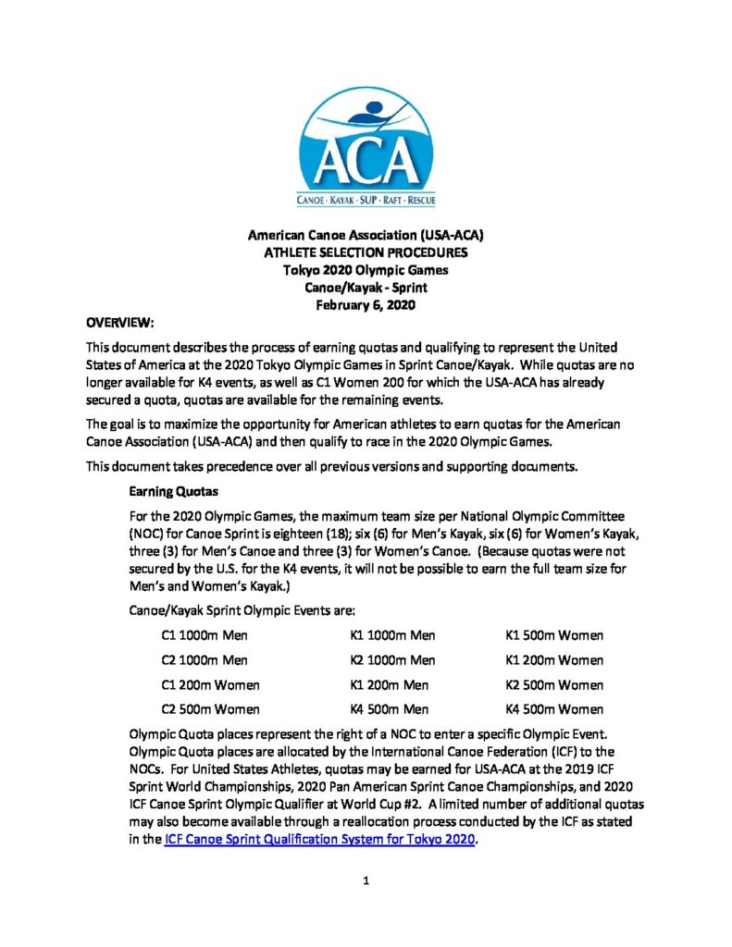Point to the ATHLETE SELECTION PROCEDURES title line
(x=366, y=252)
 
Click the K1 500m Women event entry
(x=554, y=635)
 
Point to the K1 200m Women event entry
(x=554, y=660)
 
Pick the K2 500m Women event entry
(x=554, y=685)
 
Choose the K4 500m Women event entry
(x=554, y=710)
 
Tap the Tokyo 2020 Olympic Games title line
(x=366, y=270)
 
